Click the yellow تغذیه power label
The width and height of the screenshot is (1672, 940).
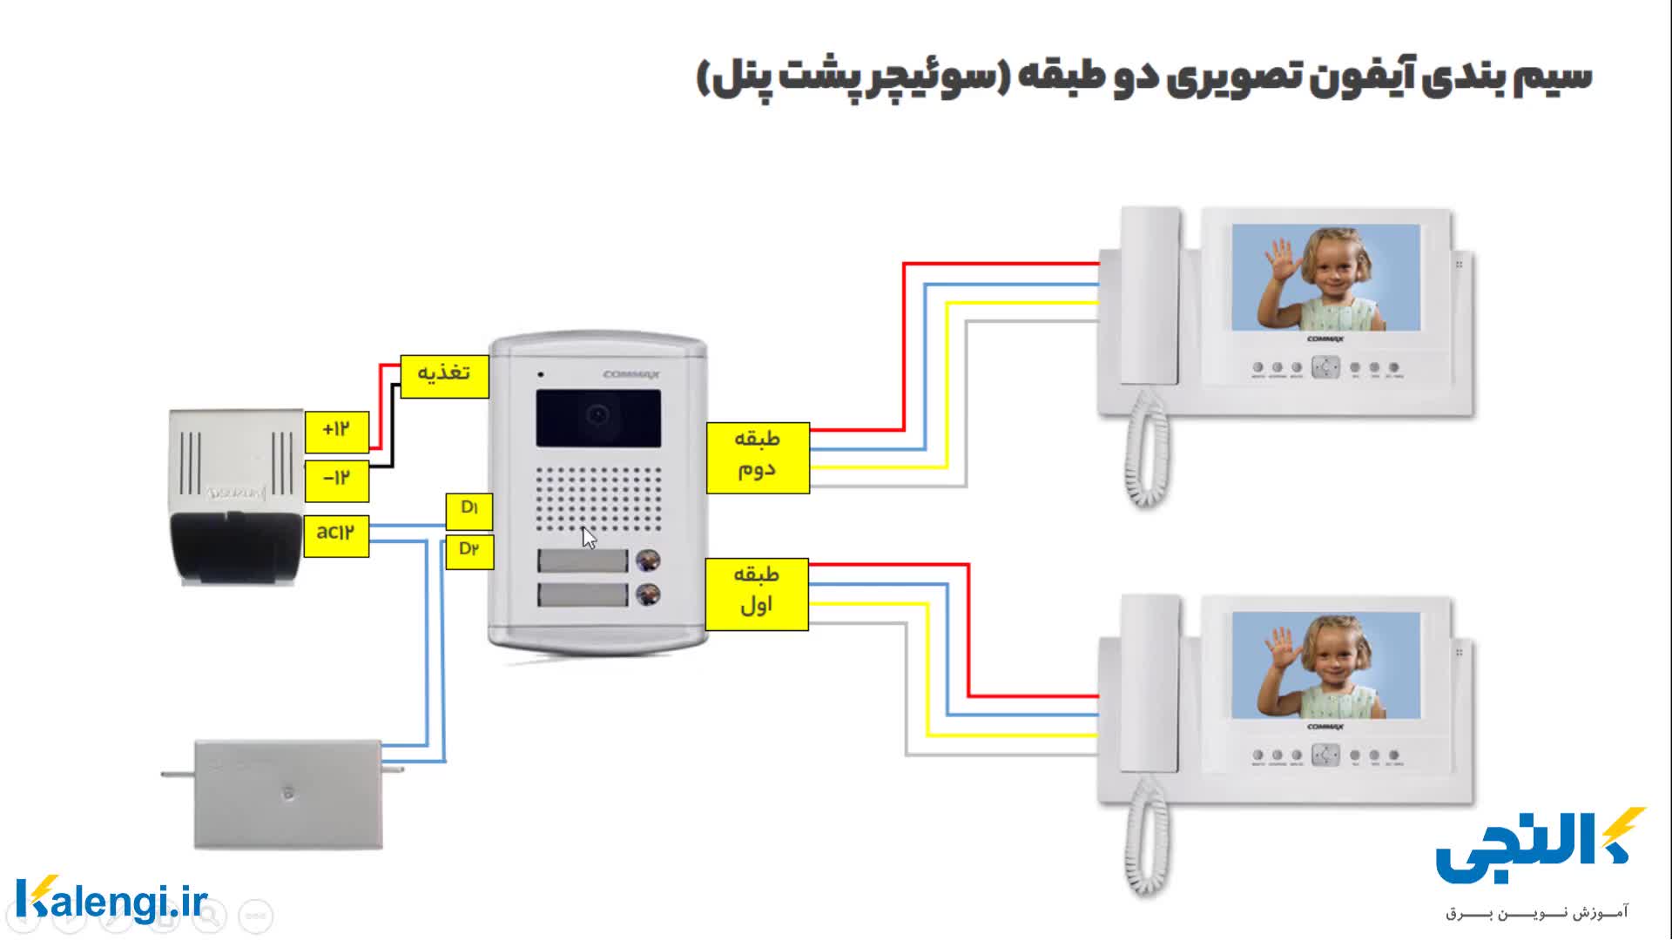[444, 376]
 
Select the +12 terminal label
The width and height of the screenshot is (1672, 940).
[336, 431]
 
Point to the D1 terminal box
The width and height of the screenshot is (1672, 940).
[469, 511]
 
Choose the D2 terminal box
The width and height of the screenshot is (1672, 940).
[469, 551]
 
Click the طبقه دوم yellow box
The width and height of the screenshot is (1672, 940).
[757, 458]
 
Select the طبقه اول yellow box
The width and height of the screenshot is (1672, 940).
[756, 594]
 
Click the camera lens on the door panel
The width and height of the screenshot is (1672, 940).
[597, 416]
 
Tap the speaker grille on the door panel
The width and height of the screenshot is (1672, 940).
[597, 499]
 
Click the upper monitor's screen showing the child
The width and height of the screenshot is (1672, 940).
[1325, 277]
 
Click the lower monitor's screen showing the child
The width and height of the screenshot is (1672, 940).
[1325, 665]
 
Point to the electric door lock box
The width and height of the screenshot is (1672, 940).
[287, 794]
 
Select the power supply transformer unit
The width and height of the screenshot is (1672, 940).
[236, 495]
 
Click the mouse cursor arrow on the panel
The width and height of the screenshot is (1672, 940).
[589, 537]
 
